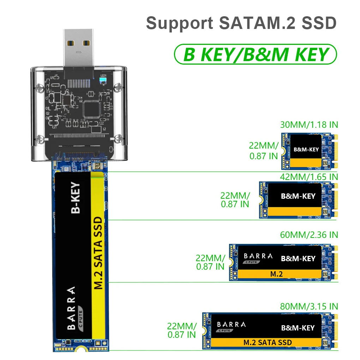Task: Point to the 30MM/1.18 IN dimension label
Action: coord(309,125)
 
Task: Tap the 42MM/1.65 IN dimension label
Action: coord(309,176)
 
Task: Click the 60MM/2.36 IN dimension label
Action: coord(309,235)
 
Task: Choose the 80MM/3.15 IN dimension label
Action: coord(309,306)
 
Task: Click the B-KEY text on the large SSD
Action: coord(76,198)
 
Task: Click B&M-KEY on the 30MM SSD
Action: coord(306,149)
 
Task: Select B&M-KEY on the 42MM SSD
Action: coord(298,196)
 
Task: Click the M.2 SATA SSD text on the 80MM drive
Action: coord(268,342)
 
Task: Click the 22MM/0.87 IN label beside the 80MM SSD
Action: coord(182,330)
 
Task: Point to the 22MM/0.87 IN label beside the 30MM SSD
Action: coord(264,150)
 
